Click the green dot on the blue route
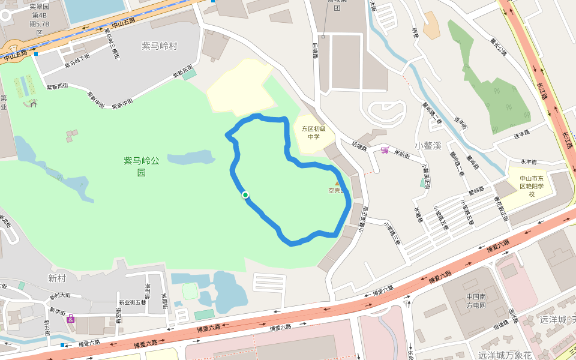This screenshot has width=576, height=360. (x=245, y=195)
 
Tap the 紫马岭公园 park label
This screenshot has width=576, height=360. (x=142, y=166)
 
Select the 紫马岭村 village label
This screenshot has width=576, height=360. (x=160, y=46)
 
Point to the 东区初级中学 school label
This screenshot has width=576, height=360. (x=313, y=132)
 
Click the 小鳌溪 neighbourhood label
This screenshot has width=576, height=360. (x=428, y=145)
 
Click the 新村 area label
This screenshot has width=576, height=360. (x=57, y=278)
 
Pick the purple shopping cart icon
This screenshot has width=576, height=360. (x=384, y=149)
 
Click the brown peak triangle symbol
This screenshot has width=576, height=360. (x=337, y=184)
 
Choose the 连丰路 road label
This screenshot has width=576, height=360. (x=522, y=133)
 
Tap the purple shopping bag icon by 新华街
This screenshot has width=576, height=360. (x=71, y=318)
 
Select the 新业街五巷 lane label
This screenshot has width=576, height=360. (x=132, y=302)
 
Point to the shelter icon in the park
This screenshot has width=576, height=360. (x=34, y=103)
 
